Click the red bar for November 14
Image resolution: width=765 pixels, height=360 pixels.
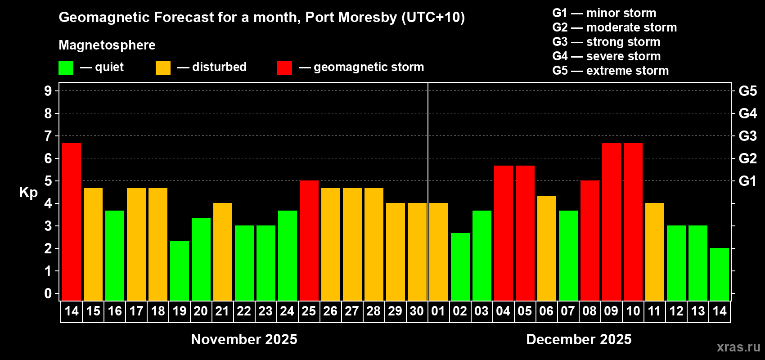point(72,221)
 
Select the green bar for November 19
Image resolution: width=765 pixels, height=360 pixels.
point(180,270)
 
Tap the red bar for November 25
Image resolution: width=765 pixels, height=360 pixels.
point(309,240)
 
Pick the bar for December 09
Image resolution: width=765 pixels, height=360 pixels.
point(612,221)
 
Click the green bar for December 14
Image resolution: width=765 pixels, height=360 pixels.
point(720,274)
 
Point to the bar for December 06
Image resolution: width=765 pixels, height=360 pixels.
point(547,248)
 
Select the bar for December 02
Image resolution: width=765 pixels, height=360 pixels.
point(460,266)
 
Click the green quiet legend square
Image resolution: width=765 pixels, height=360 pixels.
point(66,68)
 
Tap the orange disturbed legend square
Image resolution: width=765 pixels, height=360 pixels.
point(163,68)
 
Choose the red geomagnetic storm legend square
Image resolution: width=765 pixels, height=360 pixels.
point(284,68)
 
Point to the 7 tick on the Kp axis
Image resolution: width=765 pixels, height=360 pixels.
point(48,136)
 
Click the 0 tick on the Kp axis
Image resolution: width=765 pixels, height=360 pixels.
point(48,294)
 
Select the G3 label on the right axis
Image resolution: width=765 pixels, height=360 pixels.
point(747,136)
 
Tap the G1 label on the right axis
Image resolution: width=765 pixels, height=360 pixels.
point(747,181)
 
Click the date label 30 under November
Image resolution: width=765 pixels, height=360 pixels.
point(417,311)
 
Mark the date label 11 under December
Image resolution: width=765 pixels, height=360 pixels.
point(654,311)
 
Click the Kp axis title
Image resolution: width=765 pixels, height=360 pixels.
point(28,193)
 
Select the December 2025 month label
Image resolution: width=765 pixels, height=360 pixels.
point(579,339)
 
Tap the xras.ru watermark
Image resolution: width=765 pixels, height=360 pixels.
point(738,347)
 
